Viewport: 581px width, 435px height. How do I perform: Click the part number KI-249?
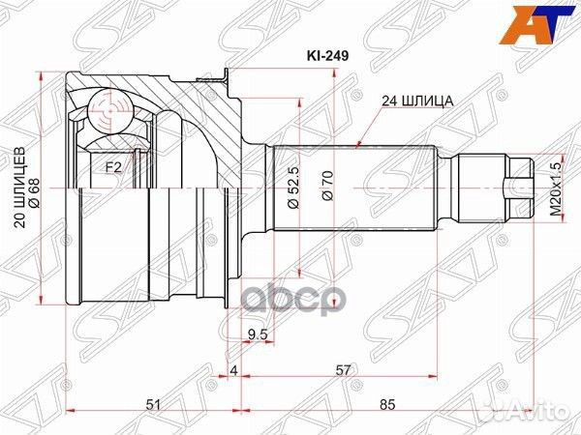tap(327, 56)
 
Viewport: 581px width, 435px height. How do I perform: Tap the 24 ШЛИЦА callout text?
tap(418, 101)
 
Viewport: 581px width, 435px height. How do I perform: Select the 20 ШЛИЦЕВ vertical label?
tap(19, 188)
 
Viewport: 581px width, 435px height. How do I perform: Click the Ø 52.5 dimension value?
tap(293, 188)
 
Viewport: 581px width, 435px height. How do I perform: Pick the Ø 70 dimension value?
tap(328, 186)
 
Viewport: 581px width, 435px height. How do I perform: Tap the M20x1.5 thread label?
tap(557, 189)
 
